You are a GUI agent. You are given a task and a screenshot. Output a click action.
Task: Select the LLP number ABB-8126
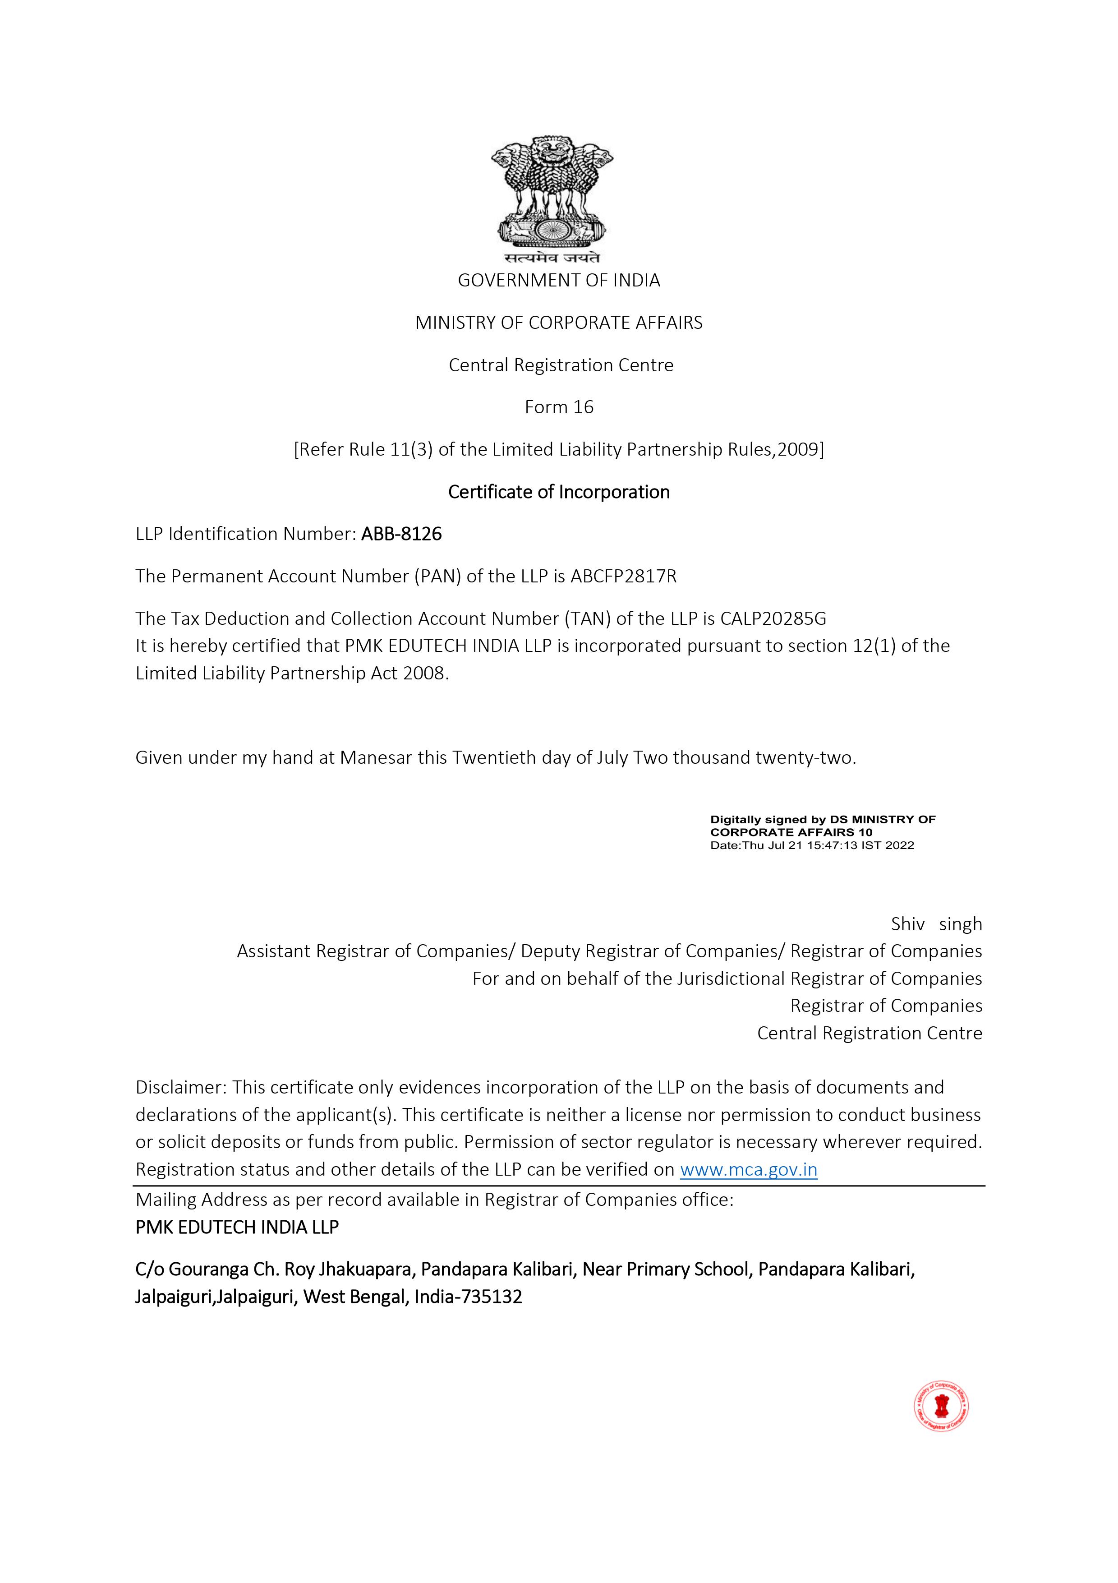[x=401, y=534]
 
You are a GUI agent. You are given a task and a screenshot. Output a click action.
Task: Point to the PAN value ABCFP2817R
[x=624, y=577]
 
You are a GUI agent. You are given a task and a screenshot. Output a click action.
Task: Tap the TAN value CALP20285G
[x=773, y=618]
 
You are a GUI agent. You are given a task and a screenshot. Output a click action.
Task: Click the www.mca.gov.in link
[x=749, y=1170]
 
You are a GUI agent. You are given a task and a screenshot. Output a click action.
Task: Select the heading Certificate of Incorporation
[x=559, y=492]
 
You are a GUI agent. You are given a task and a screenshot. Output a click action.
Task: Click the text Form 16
[x=559, y=407]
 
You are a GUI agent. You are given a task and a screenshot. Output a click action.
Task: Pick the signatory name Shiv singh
[x=936, y=924]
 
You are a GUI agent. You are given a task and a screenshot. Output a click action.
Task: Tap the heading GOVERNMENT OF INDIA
[x=559, y=281]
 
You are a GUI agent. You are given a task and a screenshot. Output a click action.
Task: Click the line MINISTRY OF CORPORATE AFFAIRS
[x=559, y=323]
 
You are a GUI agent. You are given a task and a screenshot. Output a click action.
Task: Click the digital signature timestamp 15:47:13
[x=829, y=845]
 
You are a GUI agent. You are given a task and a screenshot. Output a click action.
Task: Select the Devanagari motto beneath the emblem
[x=552, y=258]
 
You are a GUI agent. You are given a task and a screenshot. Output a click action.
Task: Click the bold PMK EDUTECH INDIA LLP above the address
[x=237, y=1227]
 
